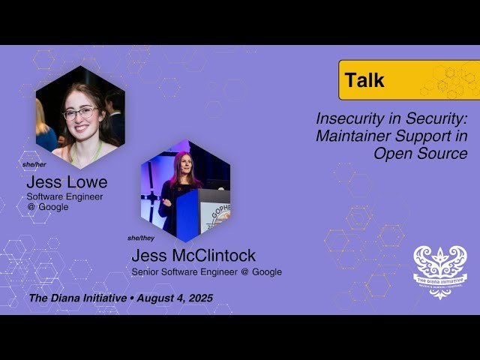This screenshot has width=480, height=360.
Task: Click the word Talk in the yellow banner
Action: coord(364,80)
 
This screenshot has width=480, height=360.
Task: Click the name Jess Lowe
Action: coord(67,182)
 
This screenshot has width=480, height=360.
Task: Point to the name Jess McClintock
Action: coord(193,256)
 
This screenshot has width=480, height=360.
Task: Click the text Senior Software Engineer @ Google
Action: coord(207,272)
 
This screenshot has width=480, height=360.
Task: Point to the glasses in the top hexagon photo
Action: coord(80,113)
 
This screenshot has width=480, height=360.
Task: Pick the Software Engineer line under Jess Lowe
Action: coord(64,196)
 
